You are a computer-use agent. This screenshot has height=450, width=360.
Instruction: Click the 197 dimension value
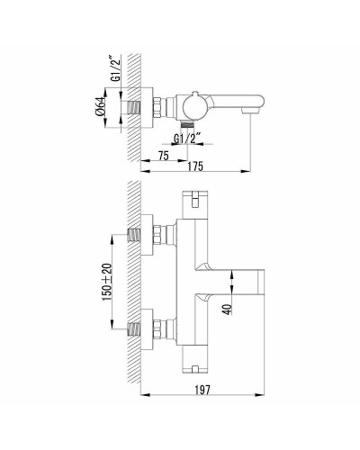pyautogui.click(x=202, y=390)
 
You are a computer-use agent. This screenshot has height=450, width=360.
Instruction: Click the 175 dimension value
pyautogui.click(x=195, y=166)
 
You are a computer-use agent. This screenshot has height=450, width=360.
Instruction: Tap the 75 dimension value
pyautogui.click(x=163, y=156)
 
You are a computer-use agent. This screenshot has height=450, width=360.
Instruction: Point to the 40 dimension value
pyautogui.click(x=228, y=310)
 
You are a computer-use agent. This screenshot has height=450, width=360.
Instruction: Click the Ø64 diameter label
pyautogui.click(x=101, y=106)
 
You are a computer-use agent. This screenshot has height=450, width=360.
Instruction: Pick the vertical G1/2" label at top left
pyautogui.click(x=115, y=69)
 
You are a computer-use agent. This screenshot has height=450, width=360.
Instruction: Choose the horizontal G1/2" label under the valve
pyautogui.click(x=187, y=139)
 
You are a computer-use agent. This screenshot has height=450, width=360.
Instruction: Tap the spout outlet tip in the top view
pyautogui.click(x=250, y=112)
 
